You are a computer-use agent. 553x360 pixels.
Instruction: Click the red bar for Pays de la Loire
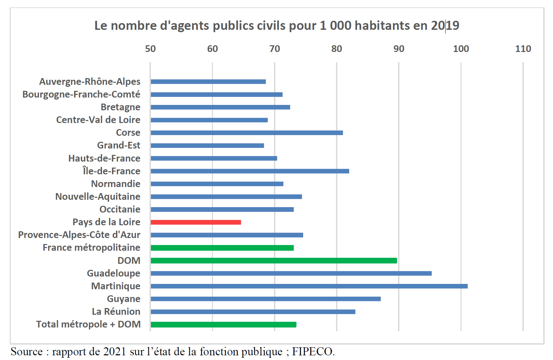point(196,222)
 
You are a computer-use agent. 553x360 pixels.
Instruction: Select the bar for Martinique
point(309,286)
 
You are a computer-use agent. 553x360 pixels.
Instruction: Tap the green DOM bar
point(274,261)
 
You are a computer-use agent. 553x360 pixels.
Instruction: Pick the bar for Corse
point(246,133)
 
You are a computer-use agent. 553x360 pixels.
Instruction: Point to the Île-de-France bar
point(250,171)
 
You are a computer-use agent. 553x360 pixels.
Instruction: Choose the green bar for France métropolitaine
point(222,248)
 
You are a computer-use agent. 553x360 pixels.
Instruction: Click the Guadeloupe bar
point(291,274)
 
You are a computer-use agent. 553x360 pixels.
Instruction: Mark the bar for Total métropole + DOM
point(223,324)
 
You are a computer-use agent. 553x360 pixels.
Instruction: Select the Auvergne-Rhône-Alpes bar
point(208,82)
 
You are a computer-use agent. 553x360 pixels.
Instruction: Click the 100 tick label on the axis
point(461,49)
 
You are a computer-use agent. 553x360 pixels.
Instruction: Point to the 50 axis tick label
point(150,49)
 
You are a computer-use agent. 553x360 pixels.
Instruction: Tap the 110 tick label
point(523,49)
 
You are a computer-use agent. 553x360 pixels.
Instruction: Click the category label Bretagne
point(120,107)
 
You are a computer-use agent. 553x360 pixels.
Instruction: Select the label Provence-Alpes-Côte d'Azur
point(79,235)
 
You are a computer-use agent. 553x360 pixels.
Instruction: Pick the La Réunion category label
point(116,312)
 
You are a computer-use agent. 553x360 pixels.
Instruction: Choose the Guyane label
point(123,299)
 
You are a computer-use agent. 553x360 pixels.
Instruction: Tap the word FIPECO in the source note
point(313,352)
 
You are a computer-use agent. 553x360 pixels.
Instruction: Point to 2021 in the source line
point(114,352)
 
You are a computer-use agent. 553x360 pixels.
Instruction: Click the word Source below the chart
point(26,352)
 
